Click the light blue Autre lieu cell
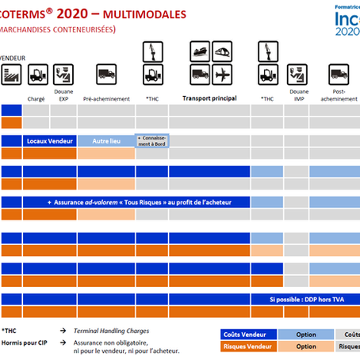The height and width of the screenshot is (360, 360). [105, 140]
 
